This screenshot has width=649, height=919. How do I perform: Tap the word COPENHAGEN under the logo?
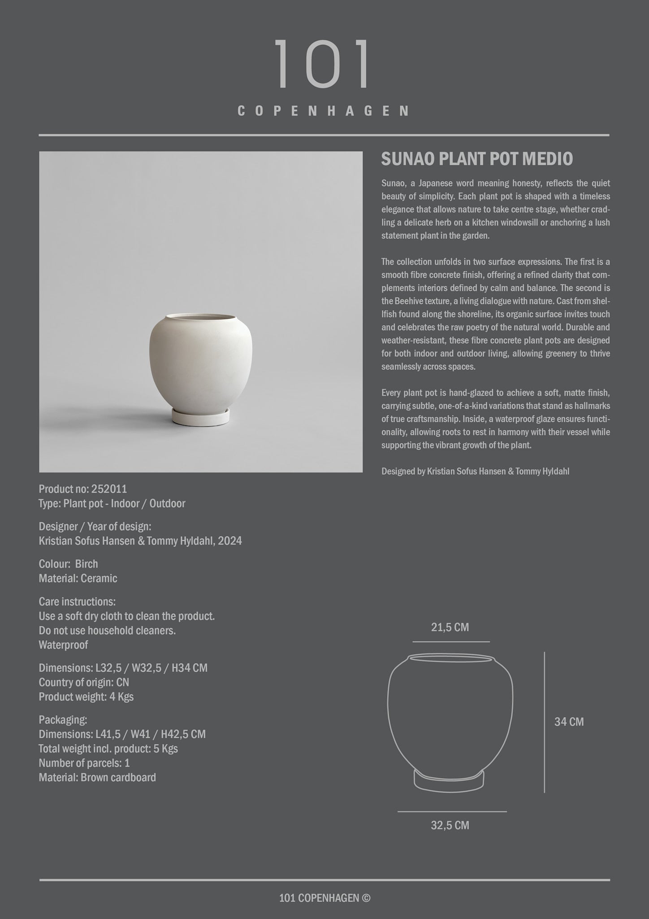[x=324, y=111]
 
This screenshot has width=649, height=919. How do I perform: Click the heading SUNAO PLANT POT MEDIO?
[x=477, y=159]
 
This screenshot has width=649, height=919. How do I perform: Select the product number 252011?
[x=109, y=489]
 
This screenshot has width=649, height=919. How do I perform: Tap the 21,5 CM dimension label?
[x=450, y=627]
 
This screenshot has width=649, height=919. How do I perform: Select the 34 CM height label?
[x=569, y=722]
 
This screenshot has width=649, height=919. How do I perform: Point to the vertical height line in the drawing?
[x=545, y=722]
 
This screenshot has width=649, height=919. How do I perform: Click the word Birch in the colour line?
[x=87, y=564]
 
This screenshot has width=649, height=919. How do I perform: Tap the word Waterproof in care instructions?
[x=63, y=645]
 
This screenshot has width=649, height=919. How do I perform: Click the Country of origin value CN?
[x=122, y=683]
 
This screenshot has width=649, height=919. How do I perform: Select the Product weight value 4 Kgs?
[x=121, y=697]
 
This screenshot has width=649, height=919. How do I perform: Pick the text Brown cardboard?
[x=118, y=778]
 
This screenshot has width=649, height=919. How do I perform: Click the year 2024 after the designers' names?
[x=230, y=541]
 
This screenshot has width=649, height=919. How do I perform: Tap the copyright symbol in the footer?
[x=366, y=898]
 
